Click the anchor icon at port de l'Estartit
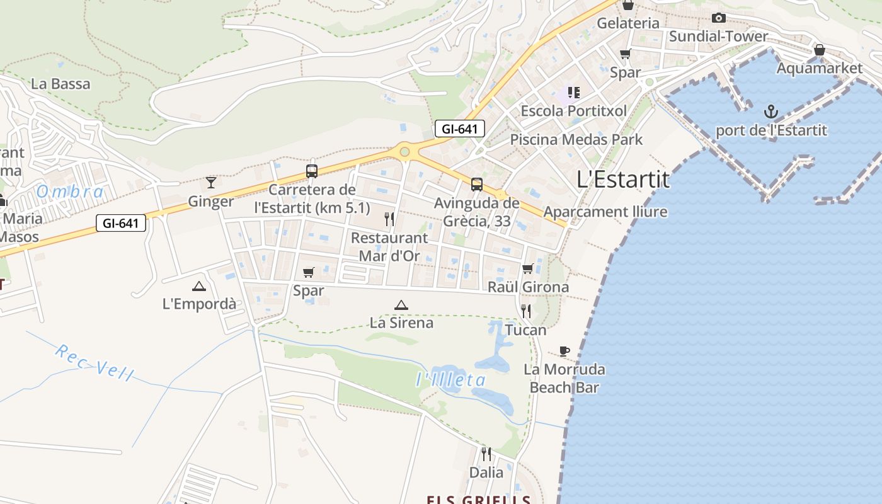[771, 112]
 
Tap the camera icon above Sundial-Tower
[718, 18]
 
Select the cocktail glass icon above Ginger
[211, 183]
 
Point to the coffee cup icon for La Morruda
[564, 351]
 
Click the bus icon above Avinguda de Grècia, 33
[477, 185]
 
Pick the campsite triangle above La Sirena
[401, 305]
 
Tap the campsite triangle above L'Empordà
[199, 286]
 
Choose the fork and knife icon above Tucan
[525, 311]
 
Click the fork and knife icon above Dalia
[486, 454]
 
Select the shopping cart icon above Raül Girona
[528, 269]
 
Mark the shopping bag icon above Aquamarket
[820, 49]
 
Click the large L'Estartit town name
[623, 180]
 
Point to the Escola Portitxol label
[573, 111]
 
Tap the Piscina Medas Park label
[576, 139]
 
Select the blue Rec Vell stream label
[94, 362]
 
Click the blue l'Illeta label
[451, 380]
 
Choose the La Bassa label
[60, 84]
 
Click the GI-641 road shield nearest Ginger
[121, 222]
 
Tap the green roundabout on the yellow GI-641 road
[404, 151]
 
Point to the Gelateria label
[628, 23]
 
